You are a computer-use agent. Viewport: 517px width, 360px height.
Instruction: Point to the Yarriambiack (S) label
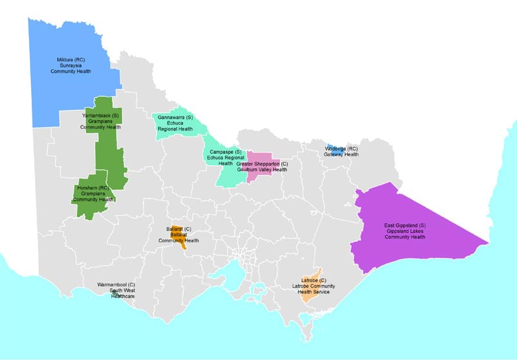(x=101, y=115)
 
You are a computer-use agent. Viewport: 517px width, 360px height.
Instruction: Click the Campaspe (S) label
(x=225, y=151)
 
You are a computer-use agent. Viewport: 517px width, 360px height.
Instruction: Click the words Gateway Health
(x=342, y=154)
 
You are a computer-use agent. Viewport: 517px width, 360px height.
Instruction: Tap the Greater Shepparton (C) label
(x=262, y=164)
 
